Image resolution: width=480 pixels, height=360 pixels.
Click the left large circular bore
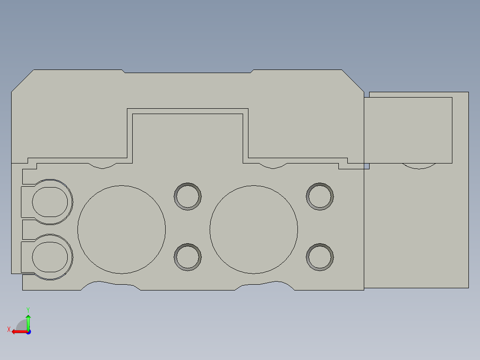point(122,229)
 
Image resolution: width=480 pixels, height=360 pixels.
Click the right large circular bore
point(254,229)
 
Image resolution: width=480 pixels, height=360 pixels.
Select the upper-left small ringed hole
point(187,196)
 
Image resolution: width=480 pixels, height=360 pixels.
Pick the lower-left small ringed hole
point(187,257)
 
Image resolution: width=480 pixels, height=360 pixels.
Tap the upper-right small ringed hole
point(320,196)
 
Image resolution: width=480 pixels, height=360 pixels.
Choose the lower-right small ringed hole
point(320,257)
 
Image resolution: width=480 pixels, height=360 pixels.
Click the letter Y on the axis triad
point(28,309)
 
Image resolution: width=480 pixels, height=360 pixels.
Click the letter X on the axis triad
point(8,329)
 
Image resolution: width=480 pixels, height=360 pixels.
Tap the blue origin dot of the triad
point(28,331)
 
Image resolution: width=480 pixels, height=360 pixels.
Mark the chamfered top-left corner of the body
point(22,81)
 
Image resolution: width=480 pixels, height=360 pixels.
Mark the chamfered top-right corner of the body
point(353,81)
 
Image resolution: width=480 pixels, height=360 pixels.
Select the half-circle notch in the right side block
point(419,166)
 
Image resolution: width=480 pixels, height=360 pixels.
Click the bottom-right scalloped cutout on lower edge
point(265,286)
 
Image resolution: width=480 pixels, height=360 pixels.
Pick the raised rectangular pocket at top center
point(187,134)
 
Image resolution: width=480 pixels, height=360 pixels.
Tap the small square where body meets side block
point(366,166)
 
